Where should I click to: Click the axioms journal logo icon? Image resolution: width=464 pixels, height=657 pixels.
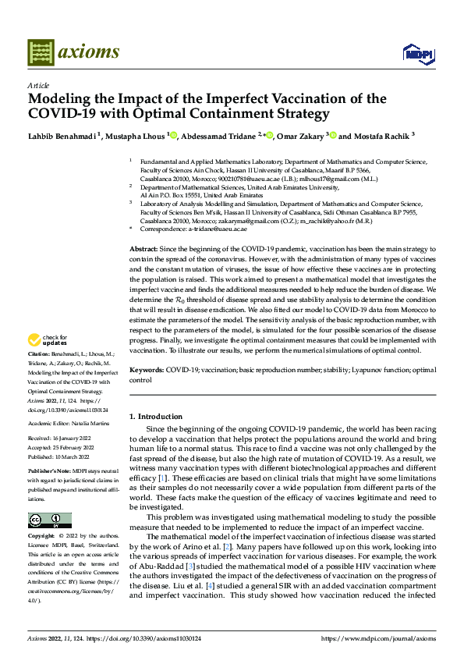click(x=40, y=51)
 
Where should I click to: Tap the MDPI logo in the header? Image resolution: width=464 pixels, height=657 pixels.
click(x=415, y=53)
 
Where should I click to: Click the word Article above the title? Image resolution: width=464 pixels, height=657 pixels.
click(x=38, y=85)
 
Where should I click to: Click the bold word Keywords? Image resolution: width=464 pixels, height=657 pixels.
click(x=147, y=368)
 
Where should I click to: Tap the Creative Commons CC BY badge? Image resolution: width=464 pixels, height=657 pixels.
click(x=49, y=499)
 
